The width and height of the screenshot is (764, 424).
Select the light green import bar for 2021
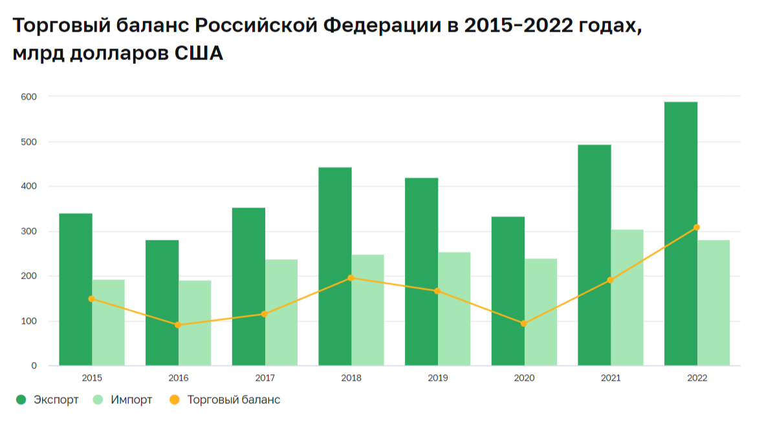(627, 298)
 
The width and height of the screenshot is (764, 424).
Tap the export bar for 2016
(162, 303)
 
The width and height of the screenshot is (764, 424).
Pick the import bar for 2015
(109, 323)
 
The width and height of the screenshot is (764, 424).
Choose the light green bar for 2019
(454, 309)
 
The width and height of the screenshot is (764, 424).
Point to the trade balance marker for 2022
(697, 228)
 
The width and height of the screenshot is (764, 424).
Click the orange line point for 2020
(524, 323)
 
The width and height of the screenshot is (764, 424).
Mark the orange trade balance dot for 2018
(351, 278)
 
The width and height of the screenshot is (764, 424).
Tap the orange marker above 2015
(91, 299)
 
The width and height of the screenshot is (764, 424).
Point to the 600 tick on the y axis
(29, 96)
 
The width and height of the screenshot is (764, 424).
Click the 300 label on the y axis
(29, 231)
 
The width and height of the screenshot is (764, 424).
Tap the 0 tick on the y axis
(34, 366)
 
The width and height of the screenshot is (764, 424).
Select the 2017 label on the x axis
(265, 378)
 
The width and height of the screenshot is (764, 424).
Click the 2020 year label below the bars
(524, 378)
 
